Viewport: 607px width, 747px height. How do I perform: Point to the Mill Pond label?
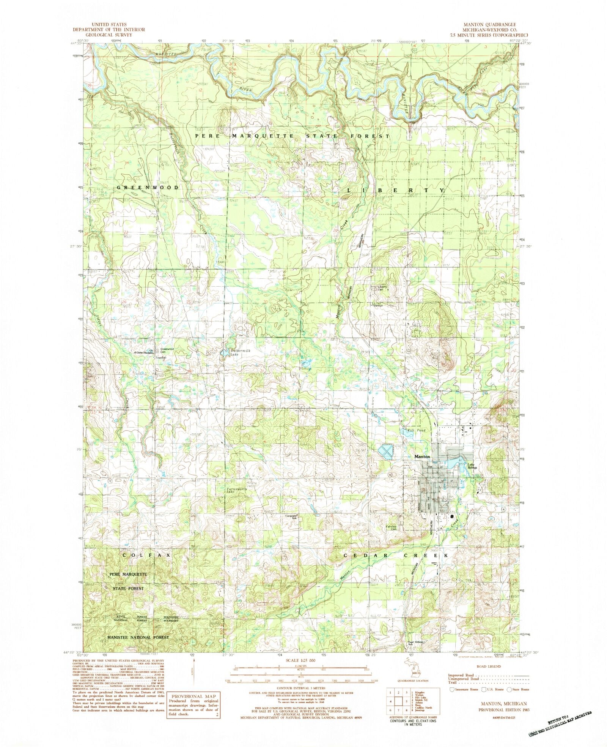point(416,430)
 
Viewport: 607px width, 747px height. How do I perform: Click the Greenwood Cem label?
point(167,351)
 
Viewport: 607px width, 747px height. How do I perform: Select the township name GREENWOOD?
point(148,188)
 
